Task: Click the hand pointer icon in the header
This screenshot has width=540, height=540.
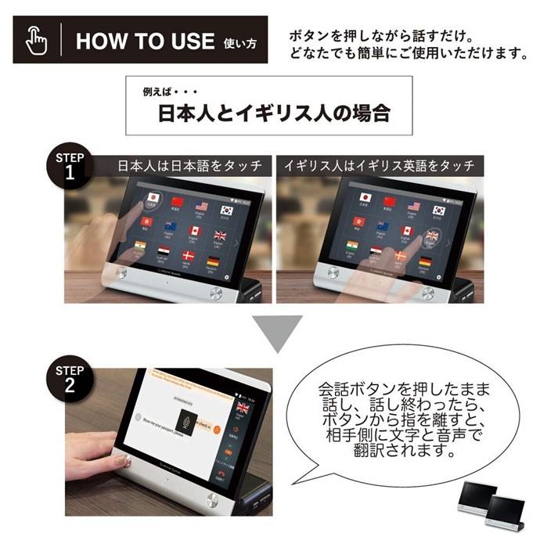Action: coord(36,40)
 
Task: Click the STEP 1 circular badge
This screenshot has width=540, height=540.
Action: coord(70,165)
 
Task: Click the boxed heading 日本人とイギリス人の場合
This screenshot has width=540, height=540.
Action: coord(274,113)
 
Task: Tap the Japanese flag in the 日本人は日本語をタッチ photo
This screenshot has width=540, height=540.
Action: coord(153,198)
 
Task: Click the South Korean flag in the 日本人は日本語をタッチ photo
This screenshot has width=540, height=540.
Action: coord(228,210)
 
